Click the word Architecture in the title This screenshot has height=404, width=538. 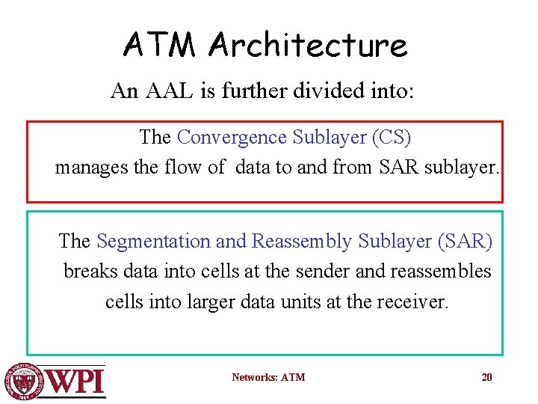point(308,46)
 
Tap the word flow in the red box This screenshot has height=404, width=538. point(186,168)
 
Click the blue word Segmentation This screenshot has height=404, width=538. point(154,242)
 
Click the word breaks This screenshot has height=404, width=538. point(87,271)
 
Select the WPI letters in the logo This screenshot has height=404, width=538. point(75,382)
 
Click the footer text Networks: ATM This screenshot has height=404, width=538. point(268,377)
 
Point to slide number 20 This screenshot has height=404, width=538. point(486,377)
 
